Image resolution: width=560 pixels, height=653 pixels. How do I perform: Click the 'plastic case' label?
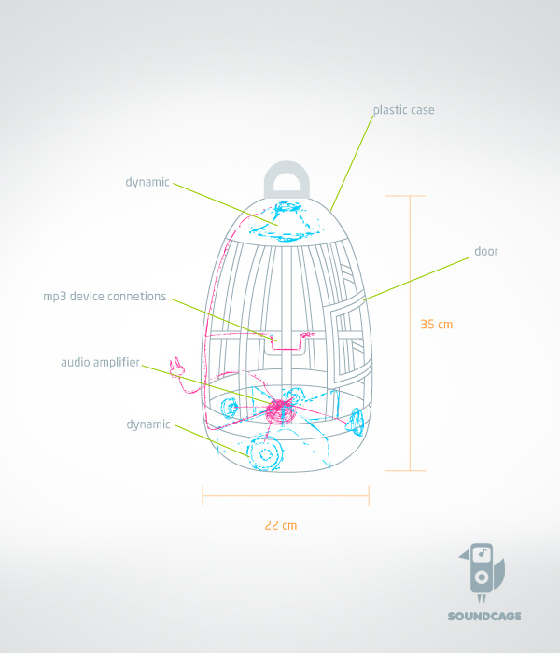coord(403,110)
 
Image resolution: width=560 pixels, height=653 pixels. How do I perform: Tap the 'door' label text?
coord(486,252)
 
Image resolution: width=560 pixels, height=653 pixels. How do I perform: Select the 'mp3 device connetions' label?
coord(105,297)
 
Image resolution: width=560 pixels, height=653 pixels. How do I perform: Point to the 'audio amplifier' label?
coord(100,361)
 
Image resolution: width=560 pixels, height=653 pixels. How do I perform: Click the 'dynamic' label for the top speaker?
coord(147,182)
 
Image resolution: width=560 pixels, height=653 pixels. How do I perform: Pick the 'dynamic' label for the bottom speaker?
coord(148,424)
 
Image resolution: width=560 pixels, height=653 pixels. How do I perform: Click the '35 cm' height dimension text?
coord(436,325)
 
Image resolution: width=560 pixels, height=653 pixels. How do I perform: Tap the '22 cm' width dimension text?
coord(280,525)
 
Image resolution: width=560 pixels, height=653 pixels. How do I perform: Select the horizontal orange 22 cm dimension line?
coord(286,496)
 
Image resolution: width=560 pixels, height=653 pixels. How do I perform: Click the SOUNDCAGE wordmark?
coord(483,616)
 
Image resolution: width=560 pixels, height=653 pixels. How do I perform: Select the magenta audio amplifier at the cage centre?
coord(278,409)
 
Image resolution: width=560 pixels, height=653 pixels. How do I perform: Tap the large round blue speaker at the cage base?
coord(267,453)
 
